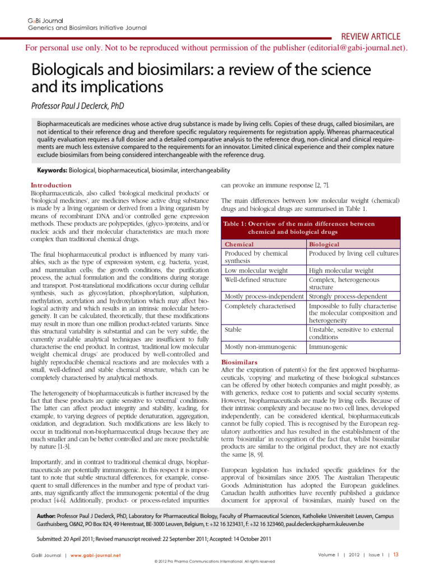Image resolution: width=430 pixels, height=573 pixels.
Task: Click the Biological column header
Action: tap(329, 245)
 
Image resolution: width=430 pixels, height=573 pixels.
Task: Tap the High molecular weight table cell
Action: tap(342, 270)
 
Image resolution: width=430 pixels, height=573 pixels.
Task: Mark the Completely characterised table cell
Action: tap(260, 306)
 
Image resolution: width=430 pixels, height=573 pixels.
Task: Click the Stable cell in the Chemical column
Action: tap(234, 330)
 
